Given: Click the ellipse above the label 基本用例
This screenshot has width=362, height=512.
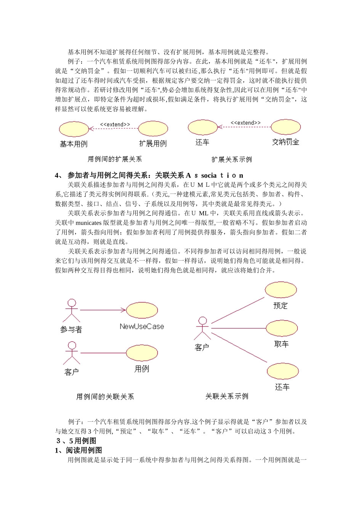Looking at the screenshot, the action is (x=74, y=129).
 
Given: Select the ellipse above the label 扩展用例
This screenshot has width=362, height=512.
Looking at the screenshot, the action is (x=153, y=129).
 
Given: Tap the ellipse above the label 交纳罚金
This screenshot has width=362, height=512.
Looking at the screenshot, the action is (x=285, y=127).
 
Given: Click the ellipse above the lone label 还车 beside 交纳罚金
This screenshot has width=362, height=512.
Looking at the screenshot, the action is (x=202, y=127).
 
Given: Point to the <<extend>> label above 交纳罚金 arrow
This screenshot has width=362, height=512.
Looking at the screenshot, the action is (x=246, y=123).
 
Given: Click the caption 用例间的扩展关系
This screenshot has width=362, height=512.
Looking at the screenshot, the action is (x=115, y=159).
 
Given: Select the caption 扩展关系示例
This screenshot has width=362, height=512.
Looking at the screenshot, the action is (x=232, y=159).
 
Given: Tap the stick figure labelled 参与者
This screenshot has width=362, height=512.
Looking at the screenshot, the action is (x=72, y=310).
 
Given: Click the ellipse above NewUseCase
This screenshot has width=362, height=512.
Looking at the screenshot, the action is (x=142, y=310).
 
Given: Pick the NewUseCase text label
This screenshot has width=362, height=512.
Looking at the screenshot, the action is (x=142, y=326).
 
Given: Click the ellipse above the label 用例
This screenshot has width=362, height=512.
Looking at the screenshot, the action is (x=142, y=353).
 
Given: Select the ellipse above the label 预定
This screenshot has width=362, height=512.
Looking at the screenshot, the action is (x=281, y=290).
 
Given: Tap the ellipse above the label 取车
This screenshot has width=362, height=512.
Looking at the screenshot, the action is (x=282, y=328).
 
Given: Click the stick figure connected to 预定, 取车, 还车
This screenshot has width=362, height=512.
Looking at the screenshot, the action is (x=202, y=328).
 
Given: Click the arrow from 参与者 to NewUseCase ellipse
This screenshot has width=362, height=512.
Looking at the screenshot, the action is (x=103, y=310).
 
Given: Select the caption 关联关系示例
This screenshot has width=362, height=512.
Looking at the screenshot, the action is (x=227, y=397).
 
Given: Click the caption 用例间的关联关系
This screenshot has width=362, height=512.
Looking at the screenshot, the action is (x=105, y=397).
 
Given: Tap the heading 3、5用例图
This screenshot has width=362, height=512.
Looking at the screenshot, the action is (x=76, y=441).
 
